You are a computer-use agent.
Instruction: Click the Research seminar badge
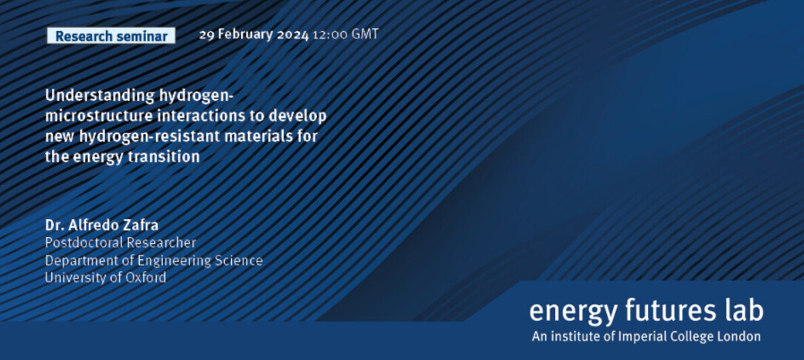[111, 36]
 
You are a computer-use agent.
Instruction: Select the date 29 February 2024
[254, 35]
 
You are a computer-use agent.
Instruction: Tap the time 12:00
[329, 35]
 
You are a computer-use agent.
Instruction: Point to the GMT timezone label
[364, 35]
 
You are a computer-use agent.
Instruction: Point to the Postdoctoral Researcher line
[121, 243]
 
